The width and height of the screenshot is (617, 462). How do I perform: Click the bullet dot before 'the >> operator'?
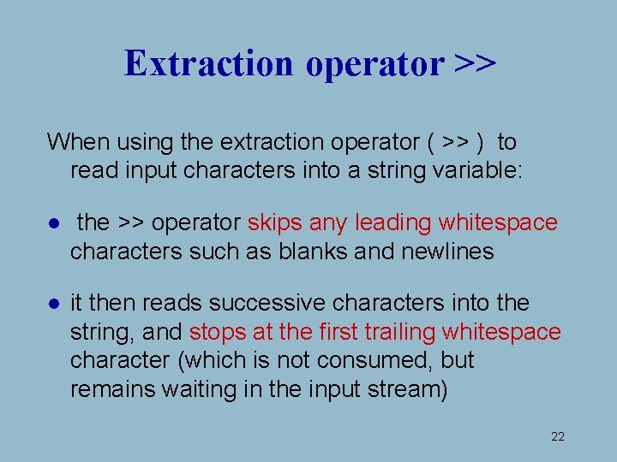point(53,224)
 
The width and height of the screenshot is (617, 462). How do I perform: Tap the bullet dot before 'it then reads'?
point(53,304)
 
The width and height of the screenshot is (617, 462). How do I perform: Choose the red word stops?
point(214,332)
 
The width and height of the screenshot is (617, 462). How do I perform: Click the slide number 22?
point(558,437)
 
